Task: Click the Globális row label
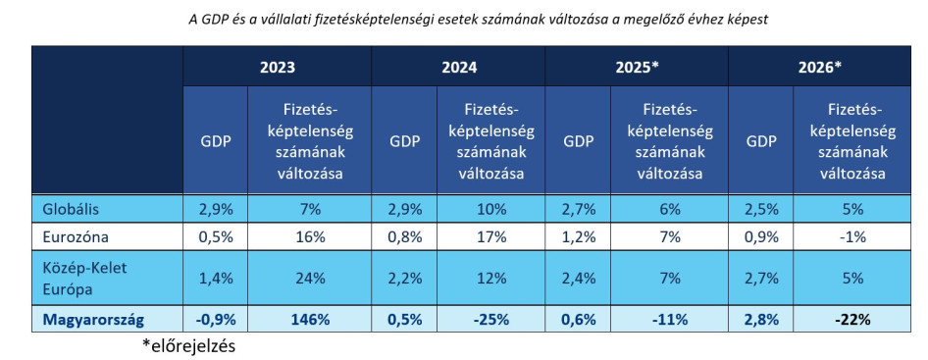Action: pyautogui.click(x=71, y=209)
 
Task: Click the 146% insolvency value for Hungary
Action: pyautogui.click(x=310, y=320)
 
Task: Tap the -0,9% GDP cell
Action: pyautogui.click(x=215, y=320)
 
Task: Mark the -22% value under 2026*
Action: pyautogui.click(x=852, y=320)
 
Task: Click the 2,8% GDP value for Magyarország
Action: pyautogui.click(x=760, y=320)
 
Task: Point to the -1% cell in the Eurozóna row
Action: pyautogui.click(x=852, y=237)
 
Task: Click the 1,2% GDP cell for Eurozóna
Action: pyautogui.click(x=577, y=237)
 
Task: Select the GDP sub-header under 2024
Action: pyautogui.click(x=404, y=140)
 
